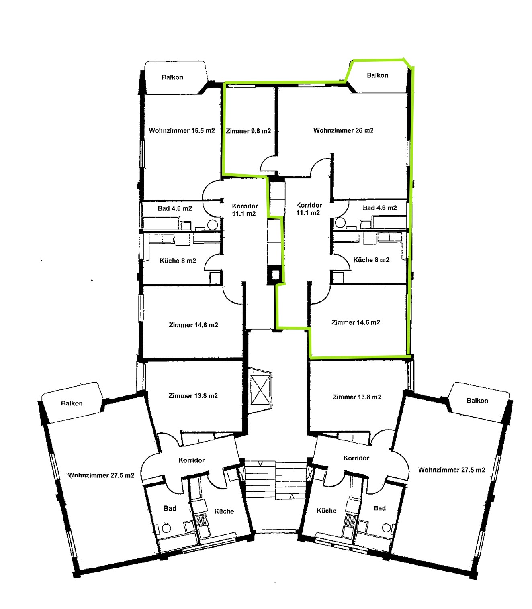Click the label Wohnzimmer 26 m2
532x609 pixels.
point(343,130)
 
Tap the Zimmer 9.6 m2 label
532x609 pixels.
point(248,131)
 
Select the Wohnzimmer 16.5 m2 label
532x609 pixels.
point(182,130)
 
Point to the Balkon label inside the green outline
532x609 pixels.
point(377,75)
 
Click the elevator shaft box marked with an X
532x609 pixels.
point(261,390)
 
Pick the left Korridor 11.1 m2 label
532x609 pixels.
point(245,210)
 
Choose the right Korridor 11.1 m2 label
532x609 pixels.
point(309,209)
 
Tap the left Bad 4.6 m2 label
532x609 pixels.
point(175,208)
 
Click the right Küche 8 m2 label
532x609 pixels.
point(371,260)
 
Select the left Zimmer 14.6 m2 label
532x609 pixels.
point(193,325)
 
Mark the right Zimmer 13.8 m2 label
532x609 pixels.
point(357,397)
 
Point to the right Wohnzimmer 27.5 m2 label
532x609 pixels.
point(452,470)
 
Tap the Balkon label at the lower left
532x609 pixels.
point(72,403)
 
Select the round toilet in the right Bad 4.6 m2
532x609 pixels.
point(340,222)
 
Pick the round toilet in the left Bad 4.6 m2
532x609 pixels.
point(213,225)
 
